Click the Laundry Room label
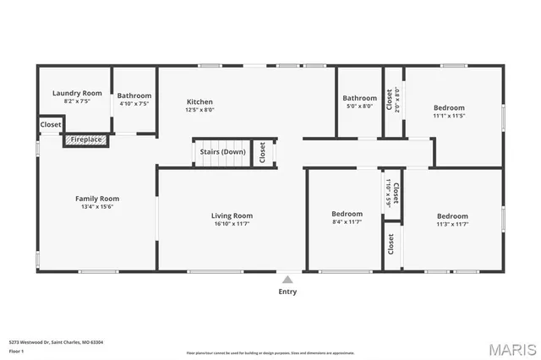(77, 93)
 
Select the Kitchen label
(199, 101)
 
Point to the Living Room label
(232, 215)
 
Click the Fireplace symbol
(86, 139)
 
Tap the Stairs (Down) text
(222, 152)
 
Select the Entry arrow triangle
(287, 279)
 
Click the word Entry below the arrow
(287, 292)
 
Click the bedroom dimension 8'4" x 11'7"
(347, 223)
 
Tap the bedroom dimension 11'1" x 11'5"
(449, 117)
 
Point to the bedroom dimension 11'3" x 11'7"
(452, 225)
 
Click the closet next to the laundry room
(51, 125)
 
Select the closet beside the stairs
(263, 153)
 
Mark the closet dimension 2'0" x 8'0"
(398, 100)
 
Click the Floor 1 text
(16, 350)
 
